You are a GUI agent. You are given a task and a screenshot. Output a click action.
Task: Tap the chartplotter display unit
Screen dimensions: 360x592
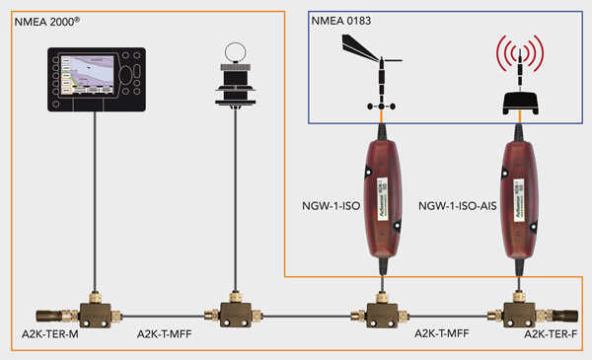[97, 75]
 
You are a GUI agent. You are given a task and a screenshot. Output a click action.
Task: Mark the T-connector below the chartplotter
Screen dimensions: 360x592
[97, 314]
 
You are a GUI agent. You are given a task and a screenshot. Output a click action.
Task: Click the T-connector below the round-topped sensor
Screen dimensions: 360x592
[236, 314]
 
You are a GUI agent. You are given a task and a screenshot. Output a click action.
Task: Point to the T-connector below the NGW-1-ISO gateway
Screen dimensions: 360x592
[378, 314]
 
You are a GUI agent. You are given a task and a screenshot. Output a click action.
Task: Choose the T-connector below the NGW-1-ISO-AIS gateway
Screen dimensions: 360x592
[517, 314]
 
